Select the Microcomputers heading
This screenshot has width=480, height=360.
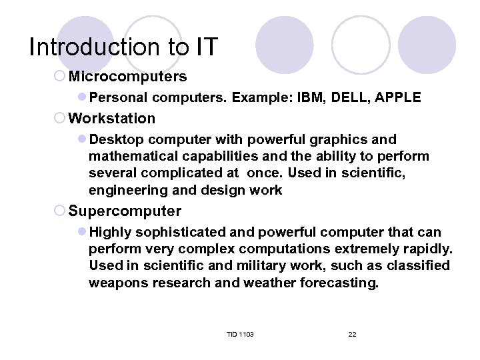coord(127,77)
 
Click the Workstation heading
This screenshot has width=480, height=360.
coord(111,119)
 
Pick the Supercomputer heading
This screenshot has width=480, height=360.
coord(125,211)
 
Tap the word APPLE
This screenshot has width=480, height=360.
coord(398,97)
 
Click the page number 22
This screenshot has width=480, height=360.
coord(353,334)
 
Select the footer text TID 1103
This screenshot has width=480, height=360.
coord(241,334)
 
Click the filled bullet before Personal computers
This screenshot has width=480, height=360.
coord(82,98)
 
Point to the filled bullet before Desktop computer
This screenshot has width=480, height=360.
coord(82,140)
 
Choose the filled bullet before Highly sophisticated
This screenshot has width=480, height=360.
coord(82,233)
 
